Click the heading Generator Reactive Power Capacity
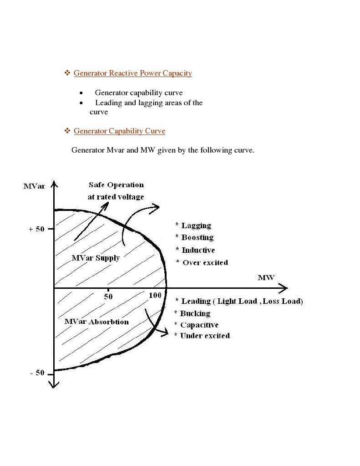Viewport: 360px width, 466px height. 132,73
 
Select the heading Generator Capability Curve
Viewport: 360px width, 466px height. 119,131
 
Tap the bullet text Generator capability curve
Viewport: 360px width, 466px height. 138,93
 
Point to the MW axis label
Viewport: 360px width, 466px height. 266,277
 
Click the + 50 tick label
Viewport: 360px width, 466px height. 36,229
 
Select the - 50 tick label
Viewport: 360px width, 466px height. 37,373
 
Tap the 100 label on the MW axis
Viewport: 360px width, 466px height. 155,296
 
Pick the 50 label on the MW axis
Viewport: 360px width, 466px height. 108,297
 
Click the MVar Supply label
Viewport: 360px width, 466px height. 96,258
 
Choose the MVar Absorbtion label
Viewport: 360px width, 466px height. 96,322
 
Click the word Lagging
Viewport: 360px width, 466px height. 196,225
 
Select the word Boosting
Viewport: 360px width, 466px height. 198,237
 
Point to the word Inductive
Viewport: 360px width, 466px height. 198,250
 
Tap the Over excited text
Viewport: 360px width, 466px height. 205,262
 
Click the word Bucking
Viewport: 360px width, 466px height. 195,313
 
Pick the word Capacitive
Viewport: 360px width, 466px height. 199,325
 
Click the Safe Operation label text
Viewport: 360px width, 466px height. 116,185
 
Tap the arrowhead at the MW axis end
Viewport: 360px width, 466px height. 284,288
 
